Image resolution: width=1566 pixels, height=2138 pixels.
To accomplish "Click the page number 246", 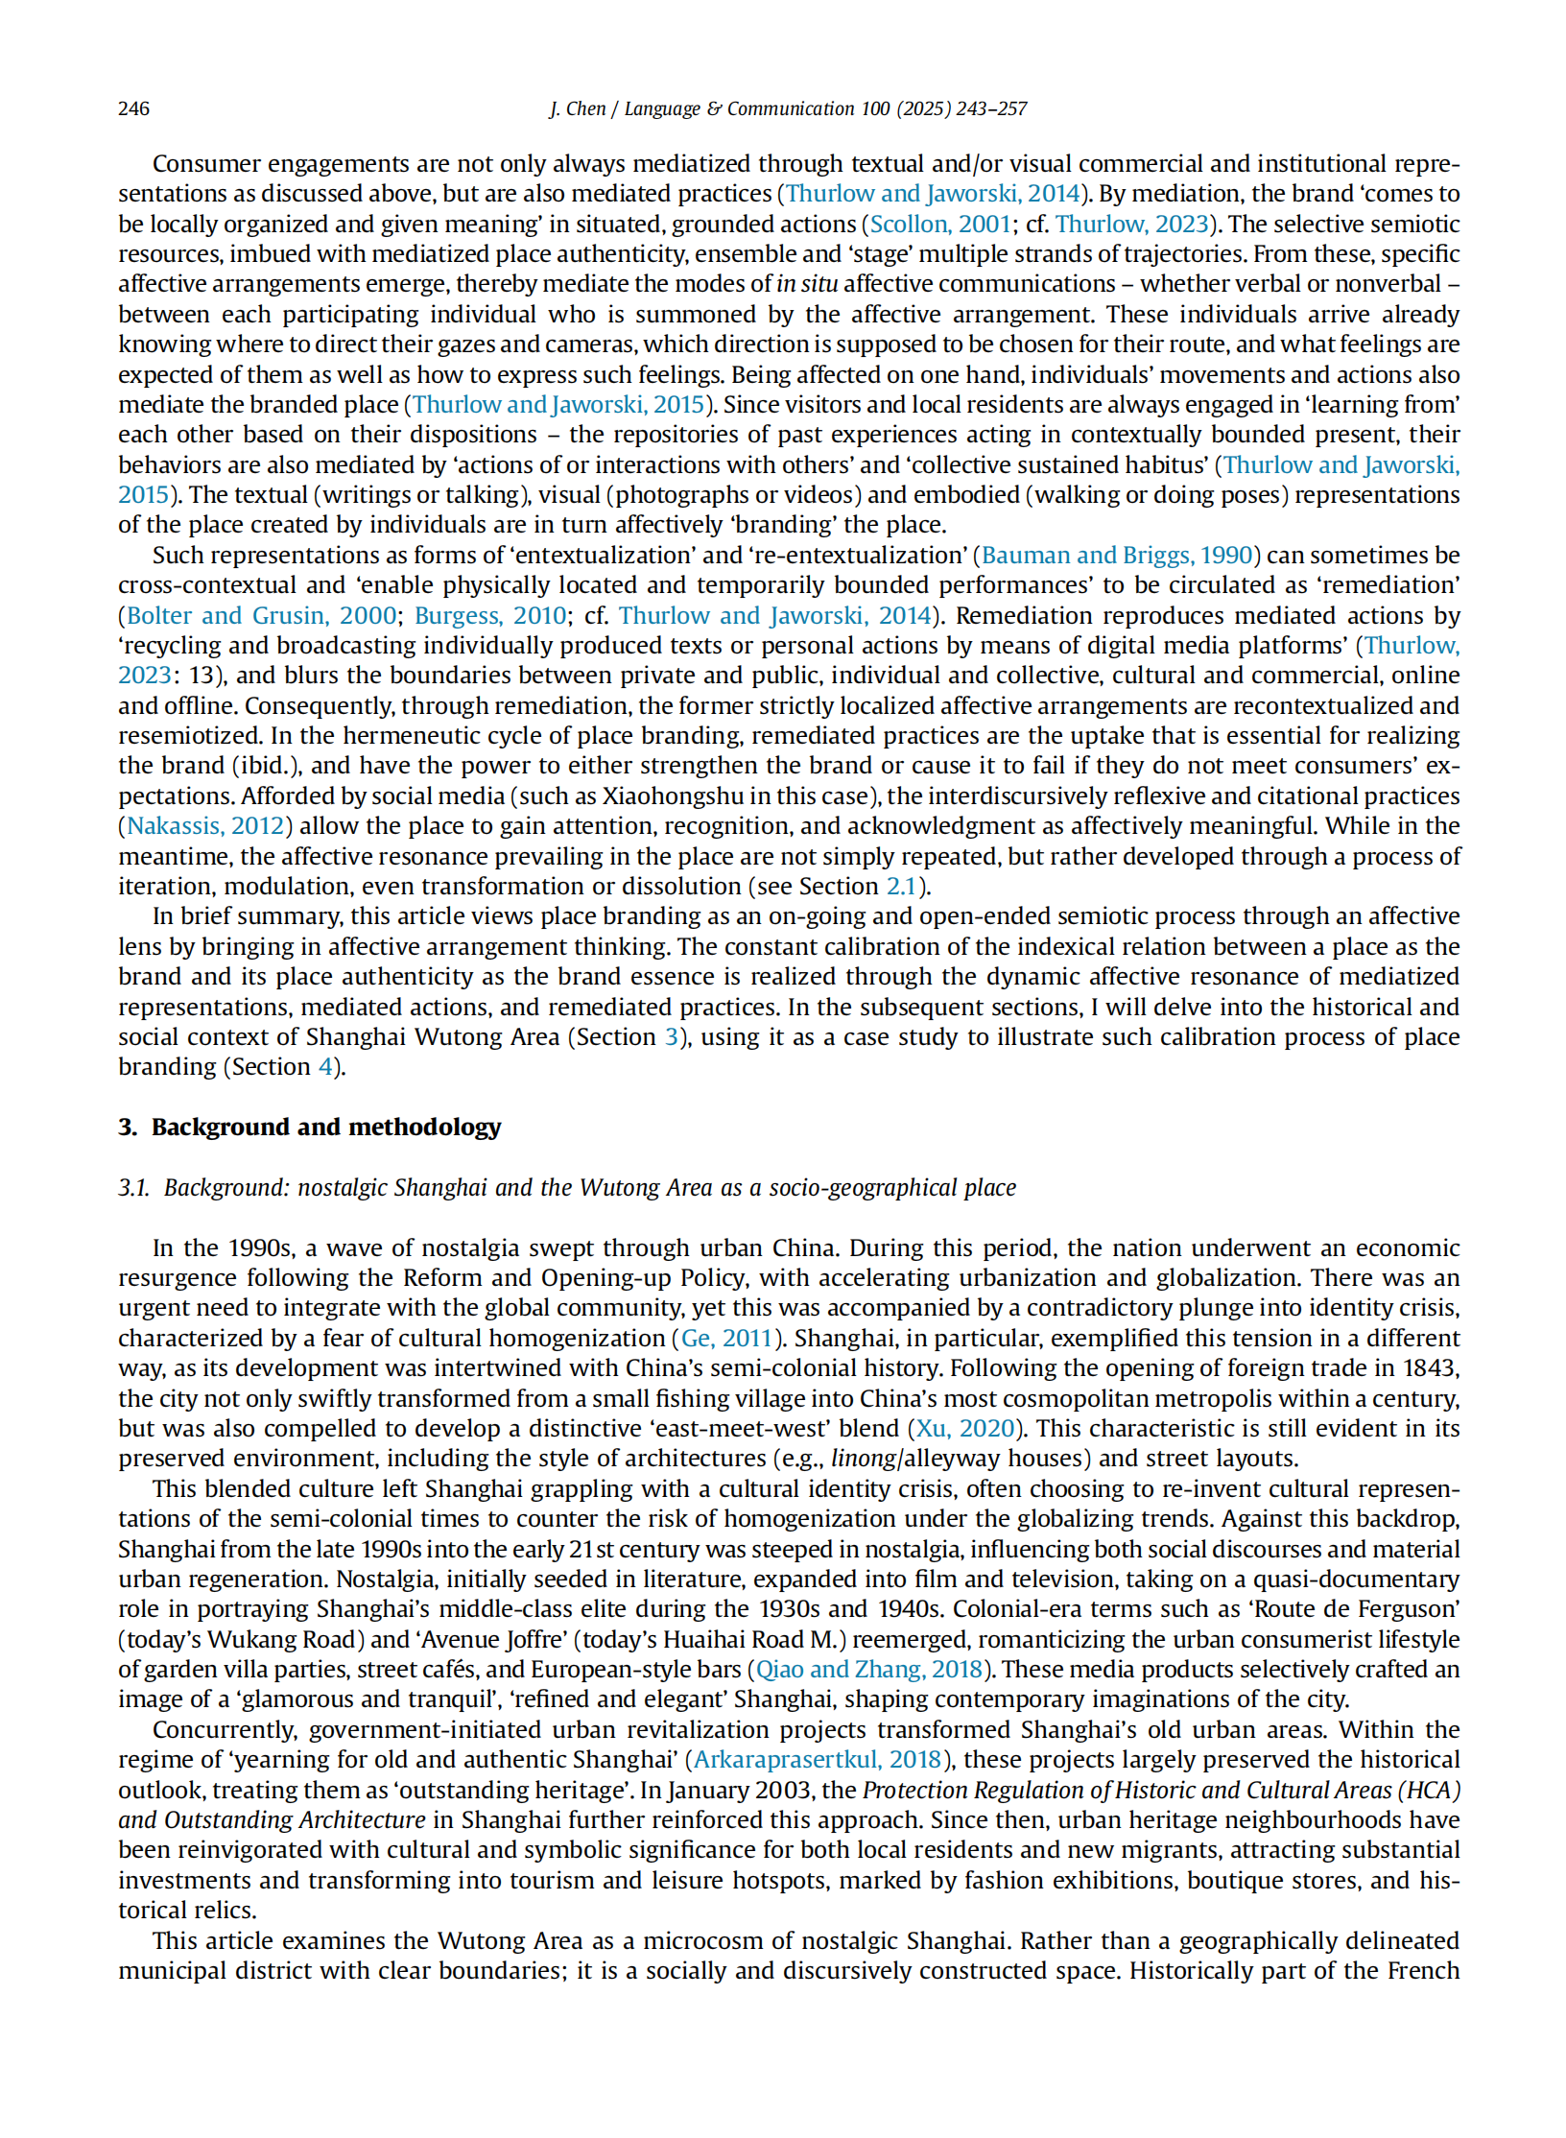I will pos(133,108).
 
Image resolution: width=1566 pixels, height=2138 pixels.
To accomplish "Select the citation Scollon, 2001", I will pos(940,224).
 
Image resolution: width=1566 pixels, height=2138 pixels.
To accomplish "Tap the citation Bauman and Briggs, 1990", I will pos(1117,555).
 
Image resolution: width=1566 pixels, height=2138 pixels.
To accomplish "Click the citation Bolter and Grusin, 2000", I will pos(261,615).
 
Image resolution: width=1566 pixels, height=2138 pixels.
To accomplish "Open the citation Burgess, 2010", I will pos(490,615).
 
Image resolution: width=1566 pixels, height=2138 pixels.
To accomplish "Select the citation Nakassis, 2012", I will pos(205,825).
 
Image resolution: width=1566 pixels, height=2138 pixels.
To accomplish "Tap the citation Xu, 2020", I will pos(965,1428).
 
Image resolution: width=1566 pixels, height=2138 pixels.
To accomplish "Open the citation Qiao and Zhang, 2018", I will pos(869,1669).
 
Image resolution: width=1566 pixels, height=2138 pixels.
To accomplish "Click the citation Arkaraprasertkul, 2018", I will pos(818,1759).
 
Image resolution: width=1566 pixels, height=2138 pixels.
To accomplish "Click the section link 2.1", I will pos(900,886).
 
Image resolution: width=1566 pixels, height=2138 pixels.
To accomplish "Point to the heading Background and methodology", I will pos(326,1127).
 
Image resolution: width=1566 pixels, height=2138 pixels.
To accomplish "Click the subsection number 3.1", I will pos(133,1187).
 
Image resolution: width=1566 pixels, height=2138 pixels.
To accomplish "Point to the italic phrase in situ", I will pos(807,284).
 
